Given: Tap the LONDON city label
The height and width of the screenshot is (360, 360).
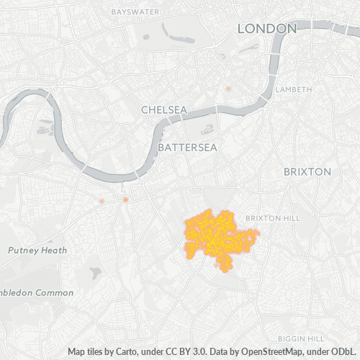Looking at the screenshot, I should pyautogui.click(x=267, y=28).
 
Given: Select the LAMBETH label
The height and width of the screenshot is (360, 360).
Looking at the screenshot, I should pyautogui.click(x=294, y=89).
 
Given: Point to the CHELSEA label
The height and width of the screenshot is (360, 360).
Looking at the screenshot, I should pyautogui.click(x=163, y=110).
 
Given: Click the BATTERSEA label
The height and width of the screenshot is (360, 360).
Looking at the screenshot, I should pyautogui.click(x=186, y=146).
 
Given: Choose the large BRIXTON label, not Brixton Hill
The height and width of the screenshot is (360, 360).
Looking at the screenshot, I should pyautogui.click(x=307, y=172).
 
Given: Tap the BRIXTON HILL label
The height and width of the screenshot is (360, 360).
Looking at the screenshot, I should pyautogui.click(x=271, y=218).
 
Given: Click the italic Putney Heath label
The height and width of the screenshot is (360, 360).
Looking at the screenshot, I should pyautogui.click(x=37, y=251).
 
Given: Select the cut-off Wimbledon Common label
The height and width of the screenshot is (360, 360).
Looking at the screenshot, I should pyautogui.click(x=36, y=293).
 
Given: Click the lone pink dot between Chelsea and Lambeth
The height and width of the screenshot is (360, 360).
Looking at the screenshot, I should pyautogui.click(x=228, y=89).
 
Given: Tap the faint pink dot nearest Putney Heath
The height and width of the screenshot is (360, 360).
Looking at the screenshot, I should pyautogui.click(x=102, y=200).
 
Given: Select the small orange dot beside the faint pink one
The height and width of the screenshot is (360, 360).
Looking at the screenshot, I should pyautogui.click(x=125, y=199).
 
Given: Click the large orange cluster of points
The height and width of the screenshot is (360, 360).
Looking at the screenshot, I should pyautogui.click(x=216, y=236).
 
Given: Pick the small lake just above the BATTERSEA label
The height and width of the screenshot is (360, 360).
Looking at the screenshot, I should pyautogui.click(x=208, y=130).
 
